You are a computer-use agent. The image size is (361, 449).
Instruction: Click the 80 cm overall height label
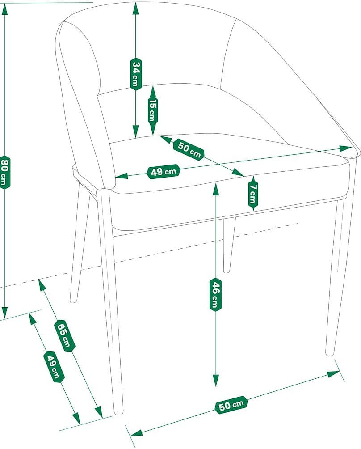coord(4,172)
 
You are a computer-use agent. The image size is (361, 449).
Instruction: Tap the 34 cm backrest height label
coord(135,74)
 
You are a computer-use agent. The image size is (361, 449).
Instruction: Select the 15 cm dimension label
coord(152,110)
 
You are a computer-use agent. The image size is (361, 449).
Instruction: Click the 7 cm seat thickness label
coord(252,192)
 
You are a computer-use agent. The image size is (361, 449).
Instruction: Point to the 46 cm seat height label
coord(215,294)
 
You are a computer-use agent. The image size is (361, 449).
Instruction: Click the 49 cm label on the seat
coord(164,171)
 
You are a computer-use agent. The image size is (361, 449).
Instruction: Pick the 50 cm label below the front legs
coord(231,405)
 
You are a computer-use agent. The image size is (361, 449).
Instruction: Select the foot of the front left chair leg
coord(118,411)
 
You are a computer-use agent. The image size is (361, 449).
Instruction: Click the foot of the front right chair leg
coord(330,352)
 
